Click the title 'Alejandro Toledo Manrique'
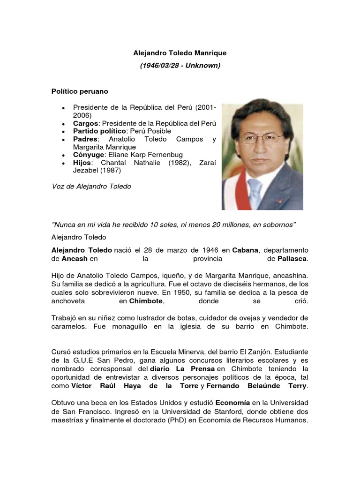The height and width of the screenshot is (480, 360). coord(180,53)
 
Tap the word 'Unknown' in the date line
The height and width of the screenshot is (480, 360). coord(202,66)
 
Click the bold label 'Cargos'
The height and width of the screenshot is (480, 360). coord(85,123)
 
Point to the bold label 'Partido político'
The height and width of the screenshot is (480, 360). coord(99,131)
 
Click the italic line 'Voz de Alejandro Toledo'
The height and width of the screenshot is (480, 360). coord(91,187)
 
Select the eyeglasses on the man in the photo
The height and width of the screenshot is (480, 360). coord(261,138)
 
